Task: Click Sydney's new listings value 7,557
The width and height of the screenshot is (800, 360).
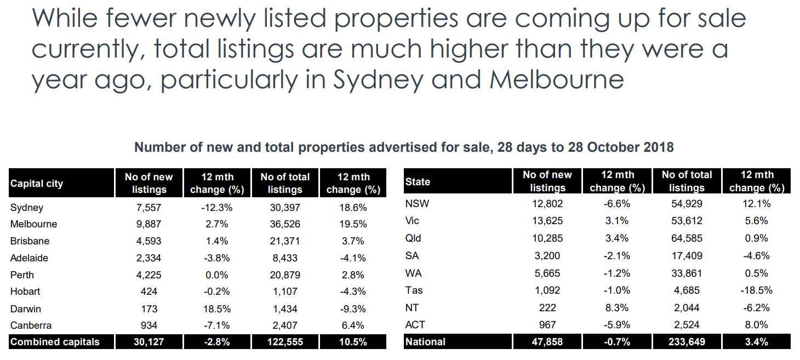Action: click(148, 208)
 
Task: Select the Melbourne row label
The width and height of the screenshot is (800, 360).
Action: click(33, 224)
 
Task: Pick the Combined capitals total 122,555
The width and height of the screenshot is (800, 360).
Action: click(285, 342)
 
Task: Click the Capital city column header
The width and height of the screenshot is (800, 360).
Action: click(36, 184)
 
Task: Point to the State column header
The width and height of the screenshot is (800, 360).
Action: click(417, 181)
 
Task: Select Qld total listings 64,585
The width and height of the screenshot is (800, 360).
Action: click(687, 238)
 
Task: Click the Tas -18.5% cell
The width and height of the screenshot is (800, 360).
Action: click(757, 290)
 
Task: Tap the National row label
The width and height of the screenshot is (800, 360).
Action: click(425, 342)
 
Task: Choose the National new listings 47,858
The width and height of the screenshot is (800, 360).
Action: click(547, 342)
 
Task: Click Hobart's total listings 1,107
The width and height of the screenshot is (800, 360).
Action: click(285, 292)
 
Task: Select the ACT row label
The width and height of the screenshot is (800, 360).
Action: click(415, 324)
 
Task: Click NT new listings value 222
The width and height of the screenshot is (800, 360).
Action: click(547, 308)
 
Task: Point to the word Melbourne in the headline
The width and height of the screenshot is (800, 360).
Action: click(557, 79)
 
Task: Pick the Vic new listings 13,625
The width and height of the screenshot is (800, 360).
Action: click(547, 221)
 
